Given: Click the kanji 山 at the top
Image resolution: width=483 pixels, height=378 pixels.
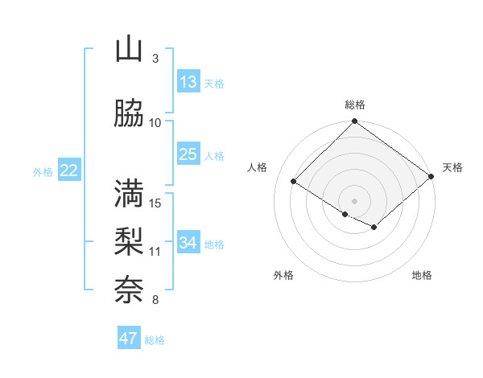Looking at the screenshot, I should coord(128,50).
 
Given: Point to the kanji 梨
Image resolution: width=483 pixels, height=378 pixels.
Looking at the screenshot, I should coord(128,241).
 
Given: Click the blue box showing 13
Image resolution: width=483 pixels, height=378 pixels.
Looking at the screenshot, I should coord(188,82).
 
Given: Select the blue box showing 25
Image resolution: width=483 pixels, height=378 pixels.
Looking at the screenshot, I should coord(188,154).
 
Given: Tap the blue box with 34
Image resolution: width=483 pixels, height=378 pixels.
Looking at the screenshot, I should coord(188,243).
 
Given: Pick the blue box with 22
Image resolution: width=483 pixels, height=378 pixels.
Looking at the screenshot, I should coord(68,171).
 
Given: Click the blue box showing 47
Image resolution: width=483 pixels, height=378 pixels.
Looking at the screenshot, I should coord(129,339).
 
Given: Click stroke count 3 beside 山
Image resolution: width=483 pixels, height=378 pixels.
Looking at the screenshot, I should coord(155,59).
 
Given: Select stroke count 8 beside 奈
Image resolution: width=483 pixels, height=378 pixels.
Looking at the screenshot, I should coord(155,301).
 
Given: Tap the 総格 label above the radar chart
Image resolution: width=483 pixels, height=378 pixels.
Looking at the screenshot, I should coord(355,105).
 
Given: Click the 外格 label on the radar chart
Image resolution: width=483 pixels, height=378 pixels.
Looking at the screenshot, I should coord(283,276).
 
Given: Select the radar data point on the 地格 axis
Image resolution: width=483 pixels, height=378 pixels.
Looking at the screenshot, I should coord(374,228).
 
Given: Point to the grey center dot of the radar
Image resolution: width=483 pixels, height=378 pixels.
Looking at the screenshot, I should coord(354,201).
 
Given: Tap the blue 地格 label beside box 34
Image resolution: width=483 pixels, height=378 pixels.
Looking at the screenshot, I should coord(215,244).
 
